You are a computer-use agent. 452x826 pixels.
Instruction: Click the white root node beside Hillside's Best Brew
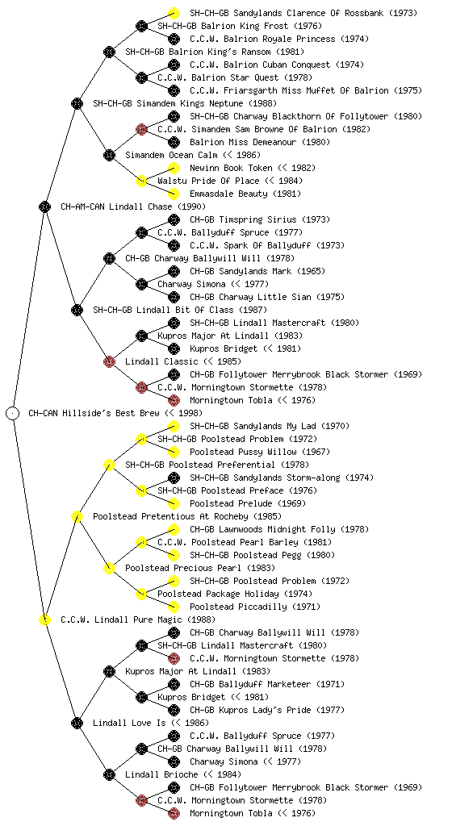click(x=13, y=413)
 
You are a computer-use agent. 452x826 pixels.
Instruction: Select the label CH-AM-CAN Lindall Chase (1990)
click(x=133, y=206)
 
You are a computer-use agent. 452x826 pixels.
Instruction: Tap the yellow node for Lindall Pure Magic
click(x=44, y=619)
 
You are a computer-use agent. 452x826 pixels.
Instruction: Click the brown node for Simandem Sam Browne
click(x=141, y=129)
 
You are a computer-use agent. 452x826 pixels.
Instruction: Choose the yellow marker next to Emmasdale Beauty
click(x=174, y=194)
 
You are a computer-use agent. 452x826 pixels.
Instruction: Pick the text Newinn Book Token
click(x=232, y=168)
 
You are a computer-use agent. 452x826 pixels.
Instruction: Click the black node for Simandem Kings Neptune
click(x=77, y=103)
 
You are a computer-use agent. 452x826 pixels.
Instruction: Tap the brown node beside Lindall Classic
click(x=109, y=361)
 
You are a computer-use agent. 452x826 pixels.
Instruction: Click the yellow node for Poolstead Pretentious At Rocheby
click(x=77, y=516)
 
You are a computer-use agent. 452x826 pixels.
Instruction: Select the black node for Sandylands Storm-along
click(x=174, y=478)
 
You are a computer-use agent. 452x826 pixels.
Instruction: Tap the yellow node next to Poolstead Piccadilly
click(x=174, y=607)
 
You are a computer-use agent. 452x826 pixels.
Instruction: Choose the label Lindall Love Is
click(x=129, y=723)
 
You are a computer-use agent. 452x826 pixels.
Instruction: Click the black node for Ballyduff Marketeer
click(x=174, y=684)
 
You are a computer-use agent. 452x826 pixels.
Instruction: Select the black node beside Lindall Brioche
click(x=109, y=774)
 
